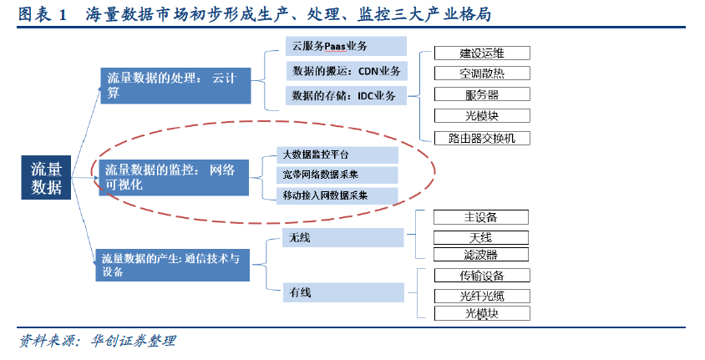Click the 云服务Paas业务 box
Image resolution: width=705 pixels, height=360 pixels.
click(x=345, y=47)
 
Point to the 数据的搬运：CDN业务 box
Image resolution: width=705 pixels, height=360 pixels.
click(x=345, y=71)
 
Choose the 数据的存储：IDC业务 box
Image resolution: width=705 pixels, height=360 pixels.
click(x=345, y=96)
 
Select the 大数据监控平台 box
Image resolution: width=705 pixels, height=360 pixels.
click(x=337, y=155)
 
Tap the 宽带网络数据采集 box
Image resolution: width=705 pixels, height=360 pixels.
click(x=337, y=175)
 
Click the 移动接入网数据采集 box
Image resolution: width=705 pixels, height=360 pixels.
click(x=337, y=195)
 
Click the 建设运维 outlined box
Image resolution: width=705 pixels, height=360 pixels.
click(x=482, y=53)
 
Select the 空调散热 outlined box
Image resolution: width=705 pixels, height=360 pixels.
click(x=482, y=74)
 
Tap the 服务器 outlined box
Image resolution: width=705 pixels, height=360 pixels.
click(x=482, y=94)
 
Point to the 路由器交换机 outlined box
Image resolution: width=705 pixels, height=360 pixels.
click(x=482, y=138)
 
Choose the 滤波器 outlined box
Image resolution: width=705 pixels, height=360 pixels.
click(x=481, y=254)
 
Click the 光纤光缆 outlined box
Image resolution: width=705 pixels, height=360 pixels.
click(x=482, y=295)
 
